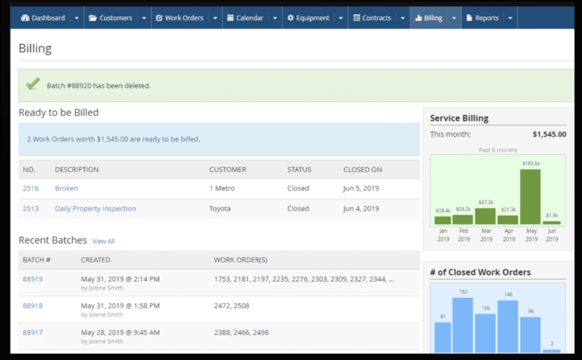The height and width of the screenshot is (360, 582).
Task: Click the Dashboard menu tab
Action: (43, 18)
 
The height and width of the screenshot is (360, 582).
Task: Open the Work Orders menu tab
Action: (180, 18)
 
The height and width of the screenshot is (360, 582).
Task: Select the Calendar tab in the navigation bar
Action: (245, 18)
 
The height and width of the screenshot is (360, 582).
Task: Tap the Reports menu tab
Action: (482, 18)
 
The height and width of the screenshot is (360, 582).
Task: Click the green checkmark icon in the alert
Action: (33, 85)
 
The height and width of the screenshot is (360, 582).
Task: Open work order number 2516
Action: (31, 188)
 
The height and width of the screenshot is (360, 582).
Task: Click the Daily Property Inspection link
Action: (95, 209)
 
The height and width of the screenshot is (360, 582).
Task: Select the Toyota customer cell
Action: (220, 209)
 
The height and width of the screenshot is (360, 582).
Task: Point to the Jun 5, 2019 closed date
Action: (361, 188)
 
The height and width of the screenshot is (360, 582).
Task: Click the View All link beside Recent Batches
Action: (103, 241)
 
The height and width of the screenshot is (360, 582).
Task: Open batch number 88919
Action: (32, 279)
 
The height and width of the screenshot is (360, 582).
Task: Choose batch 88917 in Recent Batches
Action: (32, 332)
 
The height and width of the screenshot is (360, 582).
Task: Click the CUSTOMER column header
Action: (227, 169)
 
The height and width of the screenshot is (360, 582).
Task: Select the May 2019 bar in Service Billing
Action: (530, 197)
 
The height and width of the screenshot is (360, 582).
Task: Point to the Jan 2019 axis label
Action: (443, 235)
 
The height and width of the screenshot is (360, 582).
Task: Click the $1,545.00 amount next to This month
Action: (549, 135)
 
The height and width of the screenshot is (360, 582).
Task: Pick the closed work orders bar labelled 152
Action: (463, 325)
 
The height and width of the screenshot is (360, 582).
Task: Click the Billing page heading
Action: (35, 48)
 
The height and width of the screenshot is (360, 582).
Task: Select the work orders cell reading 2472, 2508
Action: (232, 306)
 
